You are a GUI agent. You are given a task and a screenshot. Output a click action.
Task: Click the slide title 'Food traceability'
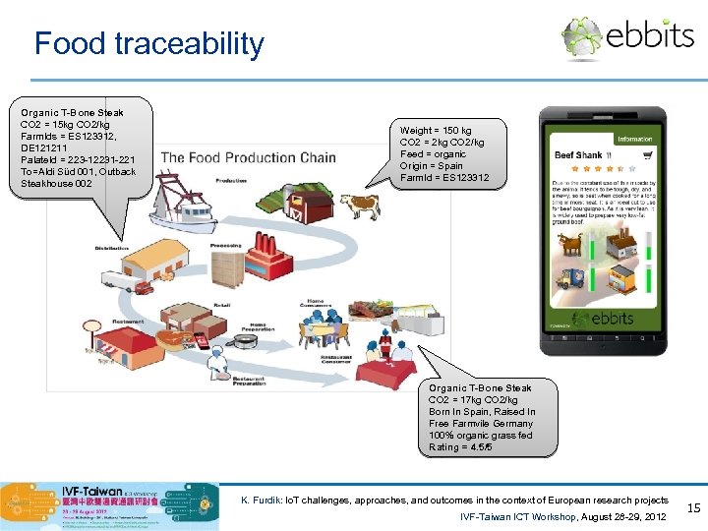click(148, 43)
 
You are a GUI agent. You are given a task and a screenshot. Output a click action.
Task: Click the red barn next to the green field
click(315, 206)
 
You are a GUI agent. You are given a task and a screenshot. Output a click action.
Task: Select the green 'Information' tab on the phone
click(634, 140)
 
